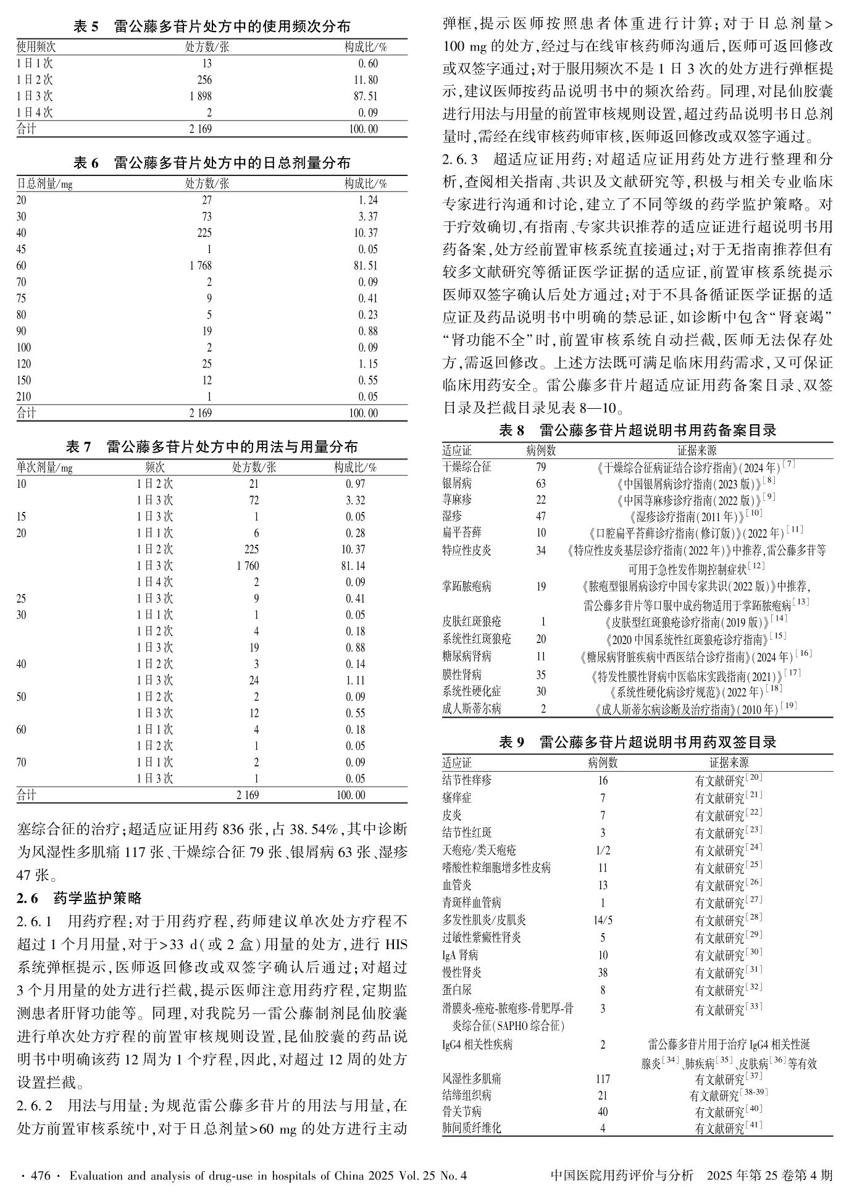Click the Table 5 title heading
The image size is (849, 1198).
point(212,27)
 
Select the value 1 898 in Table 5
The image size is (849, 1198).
point(201,96)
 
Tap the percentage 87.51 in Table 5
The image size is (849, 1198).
point(367,96)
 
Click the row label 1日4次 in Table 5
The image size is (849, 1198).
point(35,113)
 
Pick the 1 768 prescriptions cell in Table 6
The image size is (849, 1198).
point(201,266)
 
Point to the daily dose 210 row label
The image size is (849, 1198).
point(23,397)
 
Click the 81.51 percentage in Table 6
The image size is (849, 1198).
point(368,266)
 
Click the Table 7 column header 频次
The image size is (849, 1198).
point(155,467)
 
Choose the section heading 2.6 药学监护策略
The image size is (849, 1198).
point(80,898)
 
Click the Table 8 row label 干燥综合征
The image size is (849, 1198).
point(467,467)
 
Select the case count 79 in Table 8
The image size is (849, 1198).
point(541,467)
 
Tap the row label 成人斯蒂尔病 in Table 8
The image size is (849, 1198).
point(472,709)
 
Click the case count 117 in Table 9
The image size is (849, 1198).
point(603,1079)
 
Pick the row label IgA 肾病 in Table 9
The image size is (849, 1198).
point(460,955)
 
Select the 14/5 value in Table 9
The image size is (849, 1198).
point(603,920)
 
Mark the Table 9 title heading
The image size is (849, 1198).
point(637,742)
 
